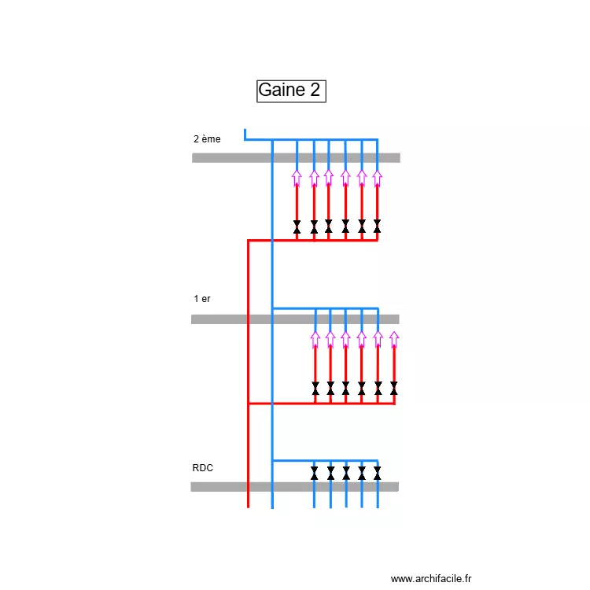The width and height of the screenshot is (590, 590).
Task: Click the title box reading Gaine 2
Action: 291,90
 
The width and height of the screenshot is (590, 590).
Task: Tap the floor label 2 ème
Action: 207,139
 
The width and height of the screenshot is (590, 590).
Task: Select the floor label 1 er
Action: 202,299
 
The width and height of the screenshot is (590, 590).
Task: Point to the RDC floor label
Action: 202,468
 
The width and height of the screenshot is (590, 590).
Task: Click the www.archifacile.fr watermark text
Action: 431,579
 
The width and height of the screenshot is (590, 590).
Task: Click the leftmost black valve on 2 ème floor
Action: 297,227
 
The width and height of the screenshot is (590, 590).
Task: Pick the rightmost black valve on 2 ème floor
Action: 378,227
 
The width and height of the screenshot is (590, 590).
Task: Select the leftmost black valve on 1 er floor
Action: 315,389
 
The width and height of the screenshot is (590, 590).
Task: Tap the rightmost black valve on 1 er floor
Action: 394,389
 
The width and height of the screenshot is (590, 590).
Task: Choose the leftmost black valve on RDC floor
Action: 314,473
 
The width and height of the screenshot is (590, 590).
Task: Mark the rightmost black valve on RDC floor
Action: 378,473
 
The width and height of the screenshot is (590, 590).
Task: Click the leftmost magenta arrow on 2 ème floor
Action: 297,178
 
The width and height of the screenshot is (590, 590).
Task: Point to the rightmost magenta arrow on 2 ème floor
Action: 378,178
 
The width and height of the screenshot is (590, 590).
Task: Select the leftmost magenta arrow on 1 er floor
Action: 315,339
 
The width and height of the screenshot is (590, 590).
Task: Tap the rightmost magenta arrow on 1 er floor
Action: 394,339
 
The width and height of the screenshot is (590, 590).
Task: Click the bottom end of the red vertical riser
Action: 248,506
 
